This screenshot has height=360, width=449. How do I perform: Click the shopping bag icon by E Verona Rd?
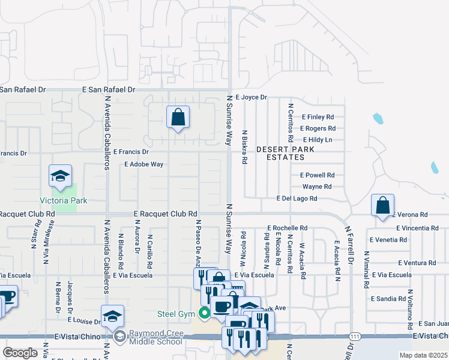pos(382,206)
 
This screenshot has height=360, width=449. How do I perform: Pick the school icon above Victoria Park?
pos(60,176)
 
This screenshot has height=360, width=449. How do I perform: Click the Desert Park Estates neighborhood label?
pos(280,153)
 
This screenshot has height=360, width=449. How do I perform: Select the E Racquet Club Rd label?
pos(166,214)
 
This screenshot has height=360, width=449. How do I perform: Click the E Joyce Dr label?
pos(251,97)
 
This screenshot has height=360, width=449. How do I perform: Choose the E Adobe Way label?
pos(143,164)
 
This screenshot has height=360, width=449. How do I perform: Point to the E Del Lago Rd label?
pos(297,199)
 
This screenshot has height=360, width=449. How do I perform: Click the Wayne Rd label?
pos(317,187)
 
